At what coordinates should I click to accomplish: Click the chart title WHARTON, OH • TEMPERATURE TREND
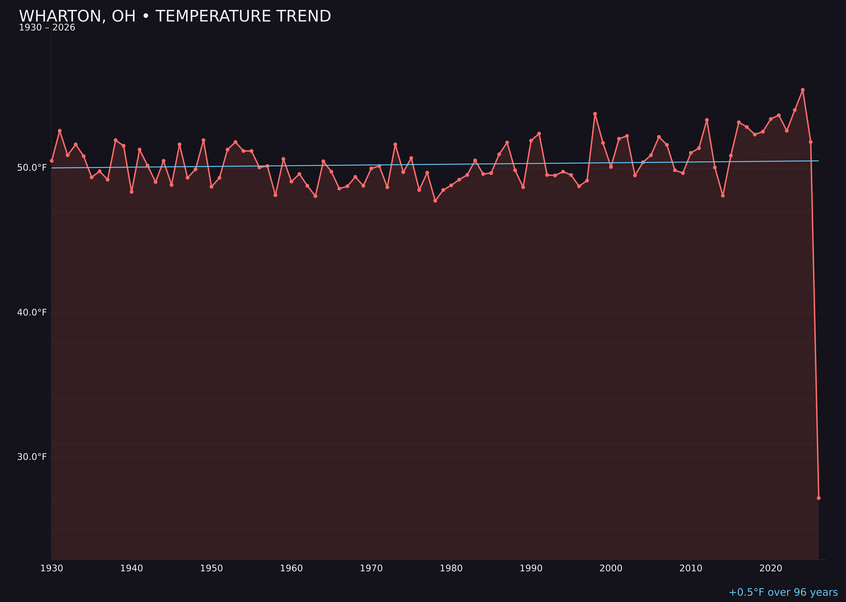[175, 16]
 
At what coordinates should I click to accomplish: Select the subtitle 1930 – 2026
[47, 28]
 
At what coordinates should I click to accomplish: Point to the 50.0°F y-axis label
[32, 168]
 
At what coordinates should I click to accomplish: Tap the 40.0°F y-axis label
[32, 312]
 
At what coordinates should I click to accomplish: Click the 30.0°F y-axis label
[32, 457]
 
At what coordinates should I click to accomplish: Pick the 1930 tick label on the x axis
[52, 568]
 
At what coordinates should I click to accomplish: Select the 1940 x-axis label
[132, 568]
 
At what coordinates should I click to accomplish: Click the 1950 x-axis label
[211, 568]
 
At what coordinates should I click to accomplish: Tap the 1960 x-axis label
[291, 568]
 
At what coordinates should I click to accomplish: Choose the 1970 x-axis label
[371, 568]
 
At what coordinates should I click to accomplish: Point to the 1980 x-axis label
[451, 568]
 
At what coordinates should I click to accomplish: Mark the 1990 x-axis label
[531, 568]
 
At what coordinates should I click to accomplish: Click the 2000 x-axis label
[611, 568]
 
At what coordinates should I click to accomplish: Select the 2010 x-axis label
[691, 568]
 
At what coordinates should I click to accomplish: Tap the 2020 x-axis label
[771, 568]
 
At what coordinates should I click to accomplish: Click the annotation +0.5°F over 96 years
[783, 592]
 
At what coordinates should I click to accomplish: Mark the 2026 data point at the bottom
[819, 498]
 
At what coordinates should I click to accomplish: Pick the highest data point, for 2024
[803, 90]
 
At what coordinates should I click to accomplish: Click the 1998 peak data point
[595, 114]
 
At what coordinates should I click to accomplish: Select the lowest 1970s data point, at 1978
[435, 200]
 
